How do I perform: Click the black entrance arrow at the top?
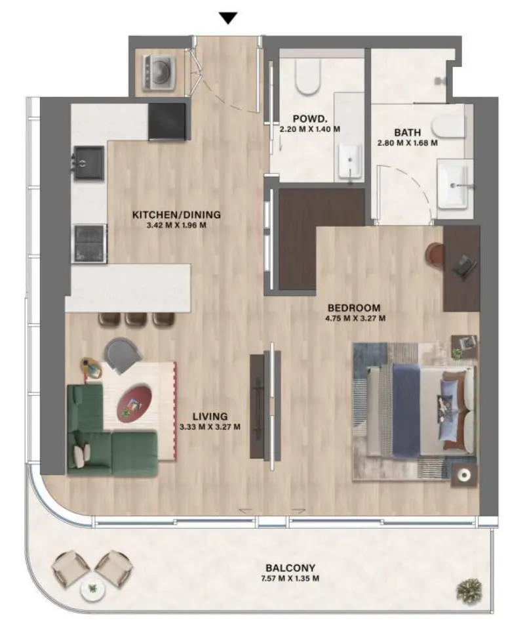227,18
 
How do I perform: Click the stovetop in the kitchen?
89,242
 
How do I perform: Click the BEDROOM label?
354,308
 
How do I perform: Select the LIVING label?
210,416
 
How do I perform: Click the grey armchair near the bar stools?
124,357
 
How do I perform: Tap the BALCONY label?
290,568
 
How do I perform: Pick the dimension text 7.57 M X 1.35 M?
290,579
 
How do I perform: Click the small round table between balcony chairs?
92,589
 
